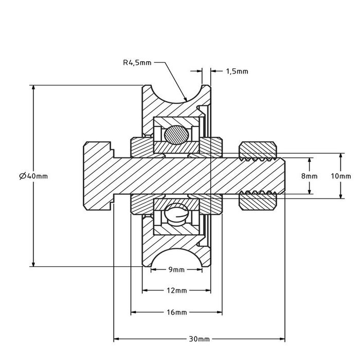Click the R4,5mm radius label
[137, 63]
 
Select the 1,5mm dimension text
[237, 71]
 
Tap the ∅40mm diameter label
[33, 176]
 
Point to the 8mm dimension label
[310, 176]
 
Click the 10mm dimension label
[340, 176]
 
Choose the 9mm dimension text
[176, 269]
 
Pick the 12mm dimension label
[176, 291]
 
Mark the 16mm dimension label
[176, 312]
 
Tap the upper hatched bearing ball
[176, 134]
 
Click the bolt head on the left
[98, 176]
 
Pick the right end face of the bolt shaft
[284, 176]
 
